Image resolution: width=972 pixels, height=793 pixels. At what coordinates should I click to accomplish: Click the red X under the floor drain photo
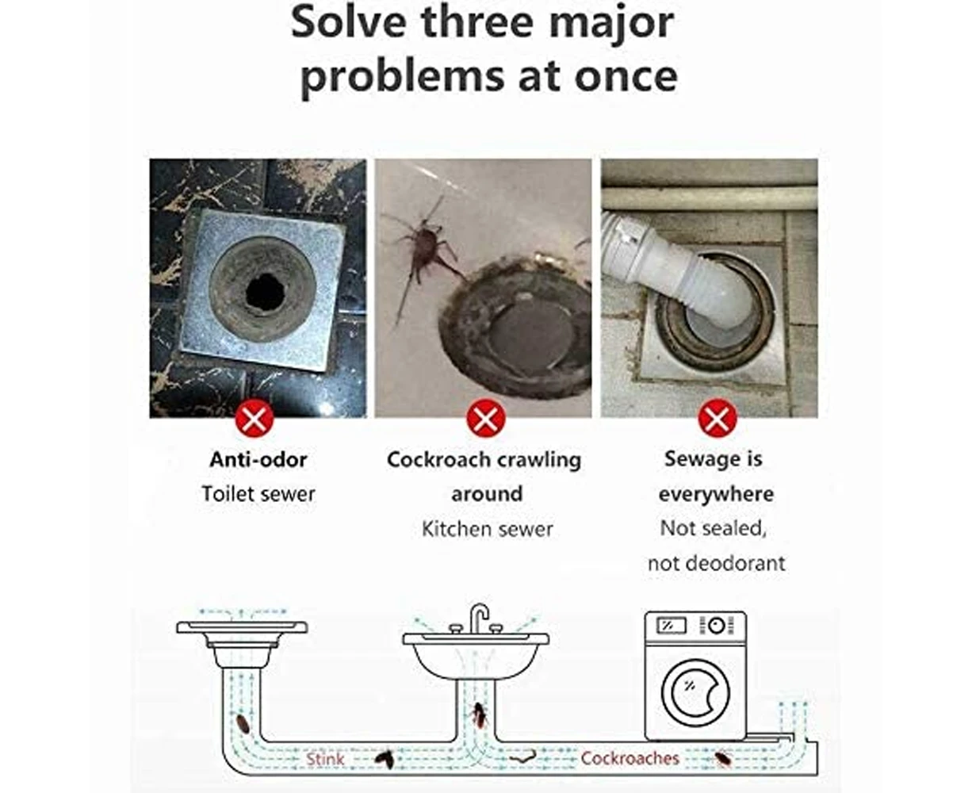[x=254, y=419]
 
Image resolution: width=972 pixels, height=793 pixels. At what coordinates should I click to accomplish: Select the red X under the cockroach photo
[x=486, y=419]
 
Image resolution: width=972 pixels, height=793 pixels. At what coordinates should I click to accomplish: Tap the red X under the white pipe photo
[x=718, y=419]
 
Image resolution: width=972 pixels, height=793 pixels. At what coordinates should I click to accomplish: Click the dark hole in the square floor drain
[x=265, y=291]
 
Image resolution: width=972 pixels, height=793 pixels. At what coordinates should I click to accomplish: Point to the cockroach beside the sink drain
[x=424, y=249]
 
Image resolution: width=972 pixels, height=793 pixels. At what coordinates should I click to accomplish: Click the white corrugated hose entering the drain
[x=678, y=272]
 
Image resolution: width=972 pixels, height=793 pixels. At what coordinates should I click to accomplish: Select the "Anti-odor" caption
[x=258, y=460]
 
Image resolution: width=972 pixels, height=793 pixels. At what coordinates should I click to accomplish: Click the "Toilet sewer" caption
[x=258, y=494]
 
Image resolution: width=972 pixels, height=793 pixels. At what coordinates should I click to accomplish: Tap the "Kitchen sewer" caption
[x=487, y=529]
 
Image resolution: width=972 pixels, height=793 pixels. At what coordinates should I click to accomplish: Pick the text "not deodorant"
[x=716, y=563]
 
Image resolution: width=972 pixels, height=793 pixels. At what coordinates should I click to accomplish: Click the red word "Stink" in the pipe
[x=325, y=759]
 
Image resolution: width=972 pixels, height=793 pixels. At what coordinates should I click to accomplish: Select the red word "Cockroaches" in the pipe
[x=630, y=758]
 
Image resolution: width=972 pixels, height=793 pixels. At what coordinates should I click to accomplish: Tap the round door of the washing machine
[x=695, y=692]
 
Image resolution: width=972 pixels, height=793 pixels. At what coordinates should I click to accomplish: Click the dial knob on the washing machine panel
[x=716, y=626]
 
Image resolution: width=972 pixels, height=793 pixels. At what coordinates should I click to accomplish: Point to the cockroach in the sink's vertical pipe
[x=480, y=715]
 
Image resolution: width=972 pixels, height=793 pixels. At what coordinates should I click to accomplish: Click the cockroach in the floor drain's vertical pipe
[x=243, y=724]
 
